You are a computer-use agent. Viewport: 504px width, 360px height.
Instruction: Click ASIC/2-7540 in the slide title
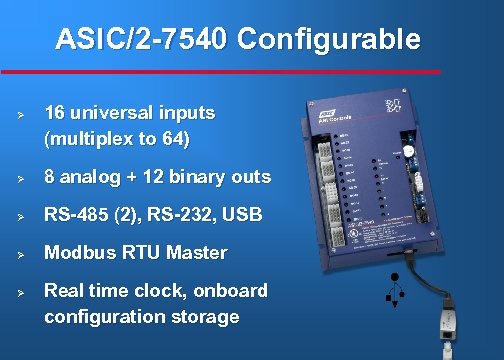point(144,40)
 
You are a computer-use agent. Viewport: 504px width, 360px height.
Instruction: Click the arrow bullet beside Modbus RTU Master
point(20,254)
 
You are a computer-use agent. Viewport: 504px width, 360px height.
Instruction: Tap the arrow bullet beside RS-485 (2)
point(20,216)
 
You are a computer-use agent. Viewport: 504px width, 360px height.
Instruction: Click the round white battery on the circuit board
point(408,154)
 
